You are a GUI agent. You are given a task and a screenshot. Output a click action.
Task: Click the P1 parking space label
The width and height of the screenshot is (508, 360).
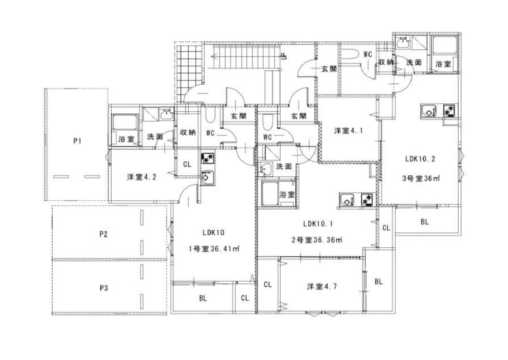point(77,141)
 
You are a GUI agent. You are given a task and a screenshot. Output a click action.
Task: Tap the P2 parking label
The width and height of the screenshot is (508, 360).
point(103,234)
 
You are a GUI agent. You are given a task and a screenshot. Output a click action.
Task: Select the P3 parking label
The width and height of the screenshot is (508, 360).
point(103,288)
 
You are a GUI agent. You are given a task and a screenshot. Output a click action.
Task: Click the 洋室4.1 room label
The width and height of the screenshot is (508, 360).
point(348,130)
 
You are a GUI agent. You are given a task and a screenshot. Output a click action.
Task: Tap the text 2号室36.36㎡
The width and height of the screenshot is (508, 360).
point(317,240)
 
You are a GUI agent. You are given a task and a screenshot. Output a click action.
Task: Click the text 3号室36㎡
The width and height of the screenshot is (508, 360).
point(421,178)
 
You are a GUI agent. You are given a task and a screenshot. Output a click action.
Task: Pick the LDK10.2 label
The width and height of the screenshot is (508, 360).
point(420,159)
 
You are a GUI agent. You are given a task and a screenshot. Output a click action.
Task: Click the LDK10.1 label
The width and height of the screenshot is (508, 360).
point(318,223)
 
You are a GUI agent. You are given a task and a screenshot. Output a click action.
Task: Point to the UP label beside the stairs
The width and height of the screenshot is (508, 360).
point(283,57)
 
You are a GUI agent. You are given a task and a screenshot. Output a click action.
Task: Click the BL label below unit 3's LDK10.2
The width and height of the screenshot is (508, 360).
point(425,222)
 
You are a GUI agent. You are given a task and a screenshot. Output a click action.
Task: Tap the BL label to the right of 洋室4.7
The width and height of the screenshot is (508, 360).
point(378,282)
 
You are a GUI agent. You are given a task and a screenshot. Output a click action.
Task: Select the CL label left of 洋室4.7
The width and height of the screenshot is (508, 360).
point(267,285)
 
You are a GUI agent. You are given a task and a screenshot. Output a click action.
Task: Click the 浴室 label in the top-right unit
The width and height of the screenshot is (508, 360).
point(443,64)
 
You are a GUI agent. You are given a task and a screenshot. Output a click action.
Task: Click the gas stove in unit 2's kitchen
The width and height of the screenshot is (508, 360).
point(367,200)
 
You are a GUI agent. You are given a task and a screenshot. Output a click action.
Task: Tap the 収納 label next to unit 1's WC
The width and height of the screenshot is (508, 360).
point(188,132)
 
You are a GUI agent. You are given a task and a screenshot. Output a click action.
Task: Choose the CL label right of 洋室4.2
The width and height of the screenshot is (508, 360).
point(187,164)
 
